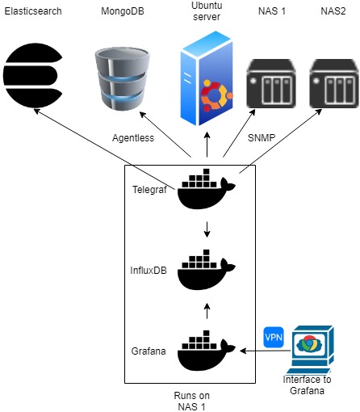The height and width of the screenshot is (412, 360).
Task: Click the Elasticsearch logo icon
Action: pos(33,75)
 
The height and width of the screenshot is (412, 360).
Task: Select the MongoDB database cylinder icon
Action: pos(123,78)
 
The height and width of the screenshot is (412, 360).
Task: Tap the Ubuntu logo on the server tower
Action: pos(216,95)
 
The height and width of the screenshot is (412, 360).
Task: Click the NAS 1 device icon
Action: pos(271,84)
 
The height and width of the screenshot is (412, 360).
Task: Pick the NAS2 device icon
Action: pos(334,84)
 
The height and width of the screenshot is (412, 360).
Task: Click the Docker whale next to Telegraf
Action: pos(207,189)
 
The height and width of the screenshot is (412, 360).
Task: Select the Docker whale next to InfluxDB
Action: pos(207,270)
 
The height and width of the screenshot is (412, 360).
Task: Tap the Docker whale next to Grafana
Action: pos(207,351)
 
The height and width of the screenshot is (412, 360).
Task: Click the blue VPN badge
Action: pos(274,337)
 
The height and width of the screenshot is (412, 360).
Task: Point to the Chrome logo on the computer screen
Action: pos(310,344)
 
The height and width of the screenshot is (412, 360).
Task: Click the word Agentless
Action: pos(133,138)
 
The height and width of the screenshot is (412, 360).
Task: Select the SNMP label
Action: pos(262,138)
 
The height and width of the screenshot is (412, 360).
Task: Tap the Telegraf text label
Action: pos(149,190)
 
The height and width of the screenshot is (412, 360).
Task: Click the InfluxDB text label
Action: pos(149,270)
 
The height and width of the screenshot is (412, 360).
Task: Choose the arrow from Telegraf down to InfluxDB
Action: pos(207,229)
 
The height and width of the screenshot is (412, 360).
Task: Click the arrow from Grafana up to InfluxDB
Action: pos(207,311)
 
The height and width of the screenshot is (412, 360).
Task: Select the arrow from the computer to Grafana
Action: pos(266,351)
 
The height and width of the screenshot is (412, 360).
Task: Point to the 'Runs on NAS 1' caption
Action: pos(191,401)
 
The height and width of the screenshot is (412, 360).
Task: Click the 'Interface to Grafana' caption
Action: pos(307,385)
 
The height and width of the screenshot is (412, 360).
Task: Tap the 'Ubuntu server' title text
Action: pos(207,11)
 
